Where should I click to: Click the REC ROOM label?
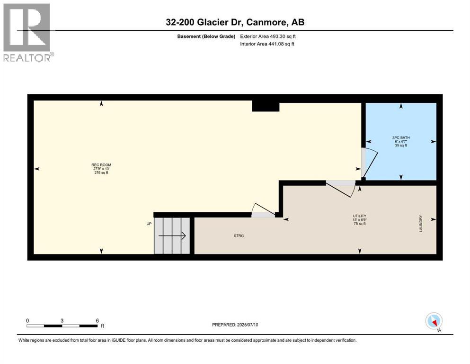coord(101,169)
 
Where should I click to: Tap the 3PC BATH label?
coord(400,141)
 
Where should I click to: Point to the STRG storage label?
coord(239,235)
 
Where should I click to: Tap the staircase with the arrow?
coord(172,236)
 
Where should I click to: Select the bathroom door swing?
coord(369,163)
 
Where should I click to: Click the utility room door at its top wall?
coord(342,187)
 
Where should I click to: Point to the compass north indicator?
coord(434,321)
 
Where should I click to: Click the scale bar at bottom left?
coord(62,326)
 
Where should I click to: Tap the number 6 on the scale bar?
coord(97,320)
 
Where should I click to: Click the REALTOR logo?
coord(27,32)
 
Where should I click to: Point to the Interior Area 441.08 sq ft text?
coord(267,44)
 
